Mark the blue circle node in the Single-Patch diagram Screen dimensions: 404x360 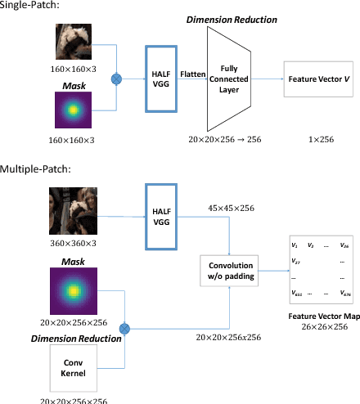click(115, 79)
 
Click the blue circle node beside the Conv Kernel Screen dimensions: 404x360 click(125, 328)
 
